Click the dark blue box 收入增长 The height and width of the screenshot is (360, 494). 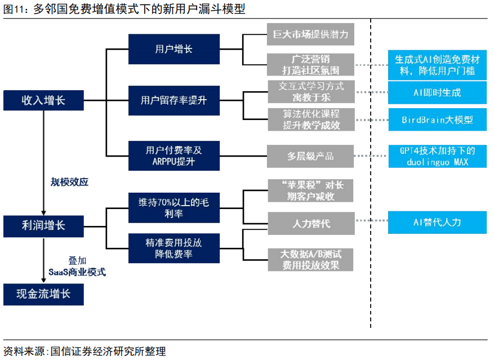[x=43, y=100]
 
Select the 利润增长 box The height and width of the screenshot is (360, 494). [x=43, y=226]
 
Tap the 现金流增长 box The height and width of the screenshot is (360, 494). [x=43, y=295]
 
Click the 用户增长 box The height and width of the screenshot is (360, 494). [x=174, y=49]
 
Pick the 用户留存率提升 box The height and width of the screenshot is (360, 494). [x=174, y=100]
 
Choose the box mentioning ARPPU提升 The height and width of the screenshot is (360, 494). [x=174, y=155]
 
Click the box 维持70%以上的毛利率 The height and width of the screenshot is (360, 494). [x=174, y=208]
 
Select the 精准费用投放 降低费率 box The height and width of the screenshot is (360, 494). [x=174, y=248]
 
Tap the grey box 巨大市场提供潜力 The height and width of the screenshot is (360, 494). [x=310, y=34]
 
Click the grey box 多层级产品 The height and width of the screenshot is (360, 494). [x=310, y=156]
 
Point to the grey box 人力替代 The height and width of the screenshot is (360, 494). [x=311, y=223]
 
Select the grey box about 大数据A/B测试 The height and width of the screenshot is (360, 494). [x=310, y=260]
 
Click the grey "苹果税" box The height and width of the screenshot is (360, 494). [x=310, y=190]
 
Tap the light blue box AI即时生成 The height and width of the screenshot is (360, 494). [x=437, y=93]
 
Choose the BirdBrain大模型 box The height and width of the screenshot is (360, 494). [x=438, y=119]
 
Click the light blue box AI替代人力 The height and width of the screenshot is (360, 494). [x=437, y=222]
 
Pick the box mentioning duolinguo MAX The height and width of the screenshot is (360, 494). [x=438, y=156]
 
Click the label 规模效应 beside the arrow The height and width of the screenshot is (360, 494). [x=70, y=182]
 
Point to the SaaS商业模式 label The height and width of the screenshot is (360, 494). [x=77, y=272]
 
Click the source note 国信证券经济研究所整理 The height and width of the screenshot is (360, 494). [x=108, y=351]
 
